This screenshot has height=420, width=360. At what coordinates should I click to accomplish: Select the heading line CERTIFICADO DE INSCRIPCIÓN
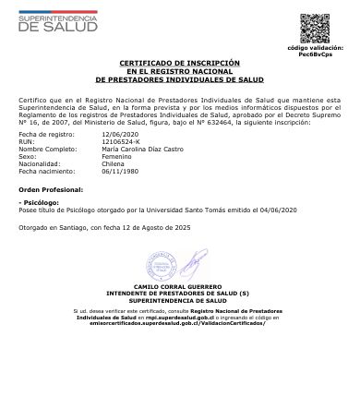point(179,62)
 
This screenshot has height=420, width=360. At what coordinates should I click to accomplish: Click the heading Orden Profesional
point(52,188)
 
